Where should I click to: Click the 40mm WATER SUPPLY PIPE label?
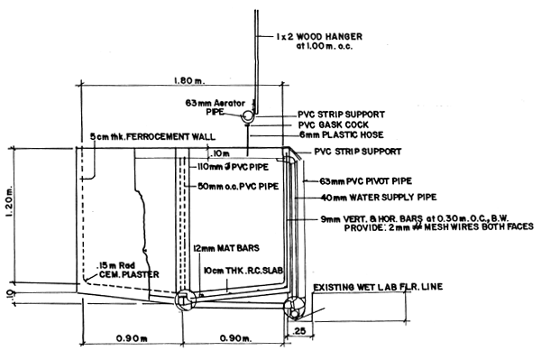[x=375, y=197]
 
